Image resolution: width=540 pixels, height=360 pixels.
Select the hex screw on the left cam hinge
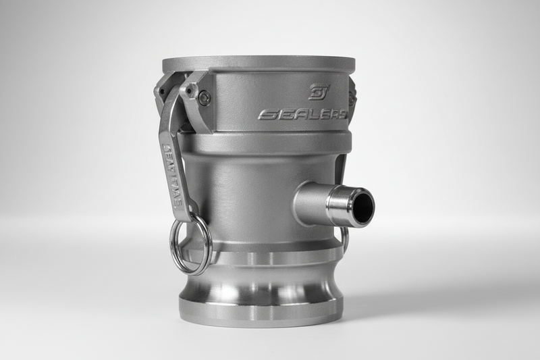205,98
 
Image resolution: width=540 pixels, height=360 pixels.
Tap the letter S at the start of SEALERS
264,115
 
